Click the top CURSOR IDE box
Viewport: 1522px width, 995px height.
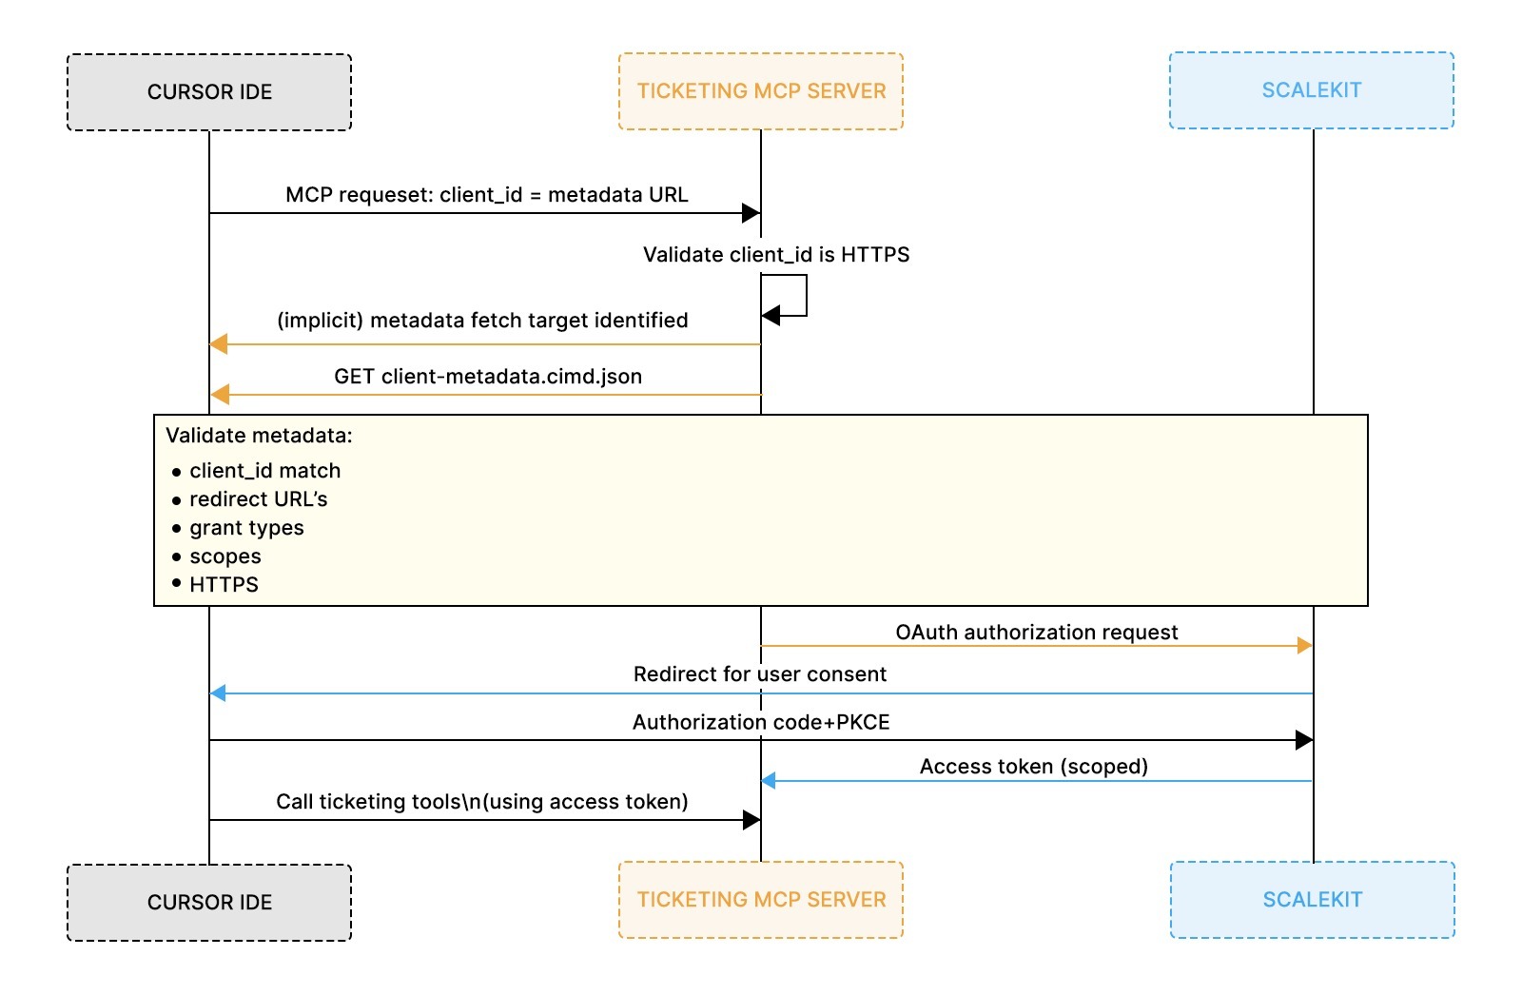(209, 92)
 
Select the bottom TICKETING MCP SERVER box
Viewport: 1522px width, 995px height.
(761, 900)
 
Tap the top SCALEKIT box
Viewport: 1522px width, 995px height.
(1312, 90)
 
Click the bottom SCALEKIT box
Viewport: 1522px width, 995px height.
(1313, 900)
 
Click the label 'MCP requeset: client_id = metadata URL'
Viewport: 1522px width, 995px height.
(486, 195)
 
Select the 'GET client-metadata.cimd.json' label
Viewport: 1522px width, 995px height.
(488, 377)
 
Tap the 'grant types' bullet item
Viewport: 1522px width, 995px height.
(246, 528)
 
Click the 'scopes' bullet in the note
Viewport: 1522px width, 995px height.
(225, 556)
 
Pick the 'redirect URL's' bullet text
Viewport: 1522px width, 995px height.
(258, 499)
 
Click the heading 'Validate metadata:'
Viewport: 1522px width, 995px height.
(259, 436)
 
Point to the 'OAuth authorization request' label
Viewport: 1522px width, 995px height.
(1037, 633)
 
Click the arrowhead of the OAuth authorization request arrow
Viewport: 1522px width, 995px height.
(1305, 646)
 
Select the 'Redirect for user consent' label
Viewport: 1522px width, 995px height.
(760, 674)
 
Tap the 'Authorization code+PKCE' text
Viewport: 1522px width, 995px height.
(761, 723)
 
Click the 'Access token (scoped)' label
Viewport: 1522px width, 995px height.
(1034, 767)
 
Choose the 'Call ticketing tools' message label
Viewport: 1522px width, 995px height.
(482, 802)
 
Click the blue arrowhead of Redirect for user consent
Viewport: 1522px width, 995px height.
(218, 693)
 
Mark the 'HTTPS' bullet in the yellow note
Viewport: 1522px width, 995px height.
(224, 585)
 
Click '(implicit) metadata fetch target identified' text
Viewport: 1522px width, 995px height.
(482, 321)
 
